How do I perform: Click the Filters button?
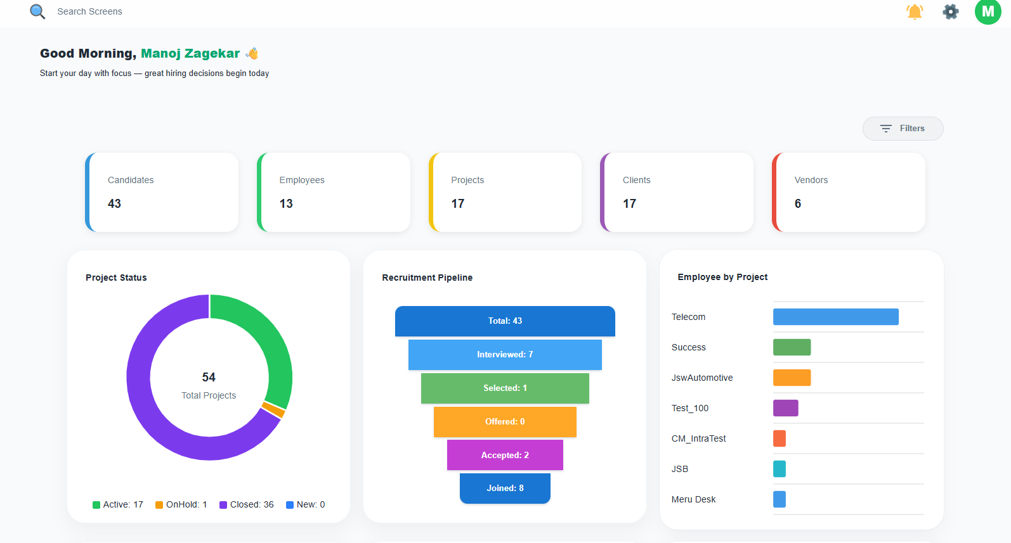(903, 129)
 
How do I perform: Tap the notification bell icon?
(915, 11)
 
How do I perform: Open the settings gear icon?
(950, 11)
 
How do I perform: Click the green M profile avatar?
(988, 11)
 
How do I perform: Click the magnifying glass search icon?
(37, 11)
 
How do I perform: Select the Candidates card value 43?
(114, 203)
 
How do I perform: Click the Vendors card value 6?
(797, 203)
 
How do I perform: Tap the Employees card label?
(301, 180)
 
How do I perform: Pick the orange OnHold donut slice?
(274, 410)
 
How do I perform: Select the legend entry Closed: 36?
(247, 504)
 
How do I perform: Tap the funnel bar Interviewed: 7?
(505, 355)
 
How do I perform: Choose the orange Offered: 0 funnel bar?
(505, 422)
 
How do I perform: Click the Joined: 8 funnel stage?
(505, 489)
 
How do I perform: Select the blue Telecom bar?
(835, 317)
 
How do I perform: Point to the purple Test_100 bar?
(785, 408)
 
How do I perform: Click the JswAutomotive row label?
(702, 378)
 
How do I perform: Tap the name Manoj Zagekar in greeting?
(190, 54)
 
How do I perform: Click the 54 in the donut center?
(209, 377)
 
